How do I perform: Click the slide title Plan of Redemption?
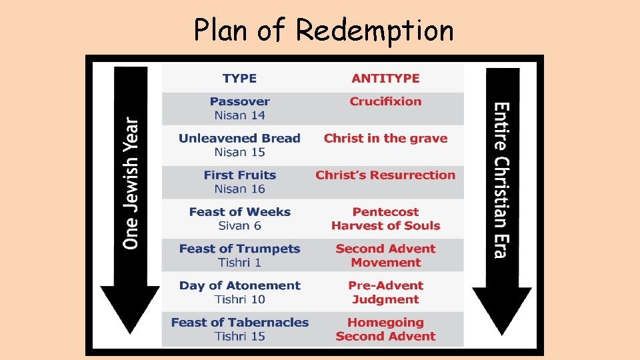click(323, 30)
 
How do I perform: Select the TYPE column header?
click(239, 78)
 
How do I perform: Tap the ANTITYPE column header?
click(385, 78)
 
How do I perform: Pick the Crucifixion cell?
click(385, 101)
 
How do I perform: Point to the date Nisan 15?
click(239, 152)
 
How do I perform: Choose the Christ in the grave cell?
click(385, 139)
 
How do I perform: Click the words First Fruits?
click(239, 175)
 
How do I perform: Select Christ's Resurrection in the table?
click(385, 175)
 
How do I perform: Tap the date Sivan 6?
click(239, 225)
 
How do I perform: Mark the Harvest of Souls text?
click(385, 225)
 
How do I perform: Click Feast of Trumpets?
click(239, 249)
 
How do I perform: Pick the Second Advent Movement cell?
click(385, 255)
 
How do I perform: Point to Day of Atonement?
click(239, 285)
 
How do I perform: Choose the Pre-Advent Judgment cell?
click(385, 292)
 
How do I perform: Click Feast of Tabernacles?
click(239, 323)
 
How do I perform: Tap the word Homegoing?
click(385, 323)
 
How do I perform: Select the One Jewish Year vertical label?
click(131, 183)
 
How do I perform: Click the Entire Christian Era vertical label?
click(501, 180)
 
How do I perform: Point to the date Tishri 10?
click(239, 299)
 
